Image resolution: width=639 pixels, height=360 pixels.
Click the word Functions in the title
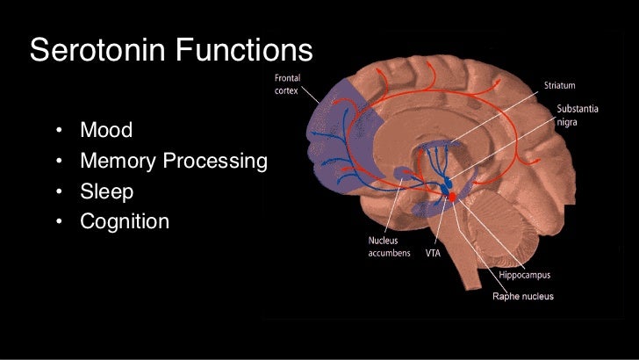(x=244, y=50)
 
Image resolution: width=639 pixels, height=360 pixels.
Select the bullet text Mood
(x=106, y=131)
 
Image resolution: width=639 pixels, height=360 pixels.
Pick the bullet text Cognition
(x=124, y=221)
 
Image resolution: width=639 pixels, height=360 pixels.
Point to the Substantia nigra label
(x=577, y=116)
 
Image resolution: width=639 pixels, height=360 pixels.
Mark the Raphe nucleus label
(x=521, y=296)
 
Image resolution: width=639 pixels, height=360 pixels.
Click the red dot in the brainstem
(x=453, y=197)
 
